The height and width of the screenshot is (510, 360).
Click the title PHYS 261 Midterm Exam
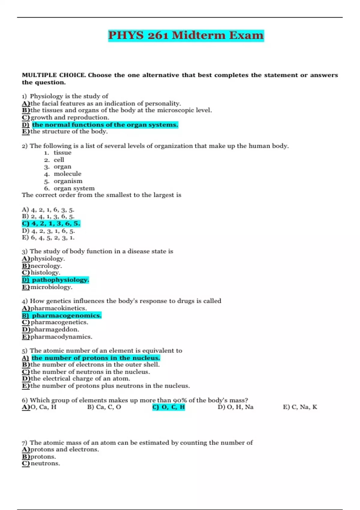[x=186, y=35]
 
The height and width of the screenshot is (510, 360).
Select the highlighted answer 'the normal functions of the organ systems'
[x=105, y=124]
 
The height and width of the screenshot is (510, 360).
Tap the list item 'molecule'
[x=67, y=174]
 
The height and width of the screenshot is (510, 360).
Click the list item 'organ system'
[x=74, y=188]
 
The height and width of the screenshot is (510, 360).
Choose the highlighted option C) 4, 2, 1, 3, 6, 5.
[x=51, y=223]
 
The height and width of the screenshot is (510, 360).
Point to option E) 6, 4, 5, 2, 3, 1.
[x=48, y=238]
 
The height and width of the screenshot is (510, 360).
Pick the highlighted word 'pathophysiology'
[x=60, y=280]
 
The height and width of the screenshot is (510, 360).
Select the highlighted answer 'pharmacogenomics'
[x=67, y=315]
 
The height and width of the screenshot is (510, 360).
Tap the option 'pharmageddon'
[x=55, y=329]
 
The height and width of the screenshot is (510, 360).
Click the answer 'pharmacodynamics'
[x=61, y=337]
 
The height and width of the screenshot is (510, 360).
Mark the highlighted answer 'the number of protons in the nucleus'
[x=95, y=358]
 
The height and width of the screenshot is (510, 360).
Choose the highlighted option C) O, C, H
[x=169, y=407]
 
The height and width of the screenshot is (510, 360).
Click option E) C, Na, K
[x=300, y=407]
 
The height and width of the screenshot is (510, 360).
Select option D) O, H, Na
[x=235, y=407]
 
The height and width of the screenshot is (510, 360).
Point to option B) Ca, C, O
[x=104, y=407]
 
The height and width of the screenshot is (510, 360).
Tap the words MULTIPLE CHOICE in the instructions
[x=54, y=75]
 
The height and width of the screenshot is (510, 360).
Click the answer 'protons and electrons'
[x=64, y=449]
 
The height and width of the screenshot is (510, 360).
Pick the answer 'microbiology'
[x=51, y=287]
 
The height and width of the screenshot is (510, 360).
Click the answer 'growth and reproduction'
[x=70, y=117]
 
